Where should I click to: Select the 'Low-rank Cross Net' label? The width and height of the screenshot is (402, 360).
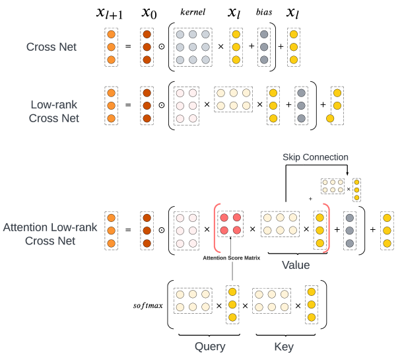point(55,111)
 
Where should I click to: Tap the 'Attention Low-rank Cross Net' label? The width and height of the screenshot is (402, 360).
point(50,234)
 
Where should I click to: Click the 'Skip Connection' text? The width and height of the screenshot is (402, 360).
point(315,157)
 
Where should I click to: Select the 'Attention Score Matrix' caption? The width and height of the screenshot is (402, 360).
point(230,258)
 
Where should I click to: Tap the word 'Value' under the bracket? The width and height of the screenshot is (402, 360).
point(296,265)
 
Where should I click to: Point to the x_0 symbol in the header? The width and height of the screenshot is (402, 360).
point(149,13)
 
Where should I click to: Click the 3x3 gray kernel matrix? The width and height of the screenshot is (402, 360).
point(195,48)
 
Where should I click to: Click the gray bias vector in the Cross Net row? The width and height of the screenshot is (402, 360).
point(264,48)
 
